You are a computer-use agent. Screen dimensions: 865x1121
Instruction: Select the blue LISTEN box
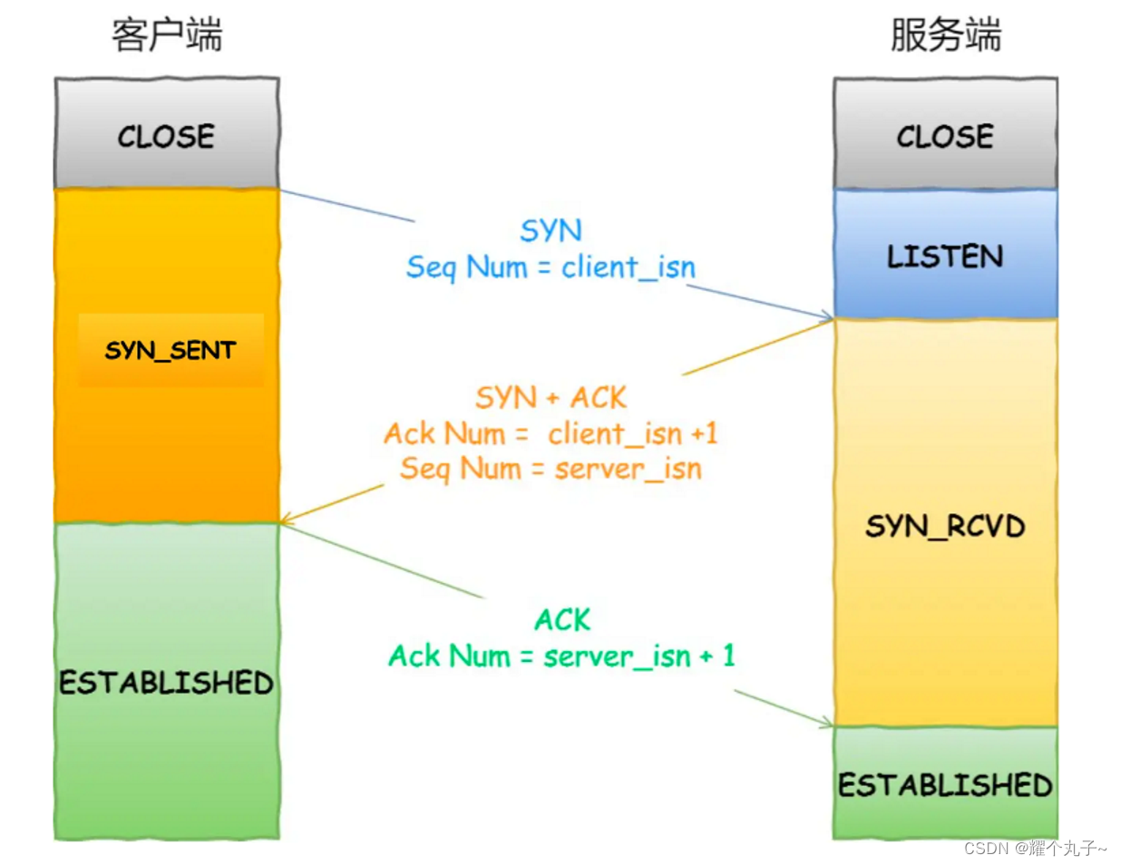(x=945, y=256)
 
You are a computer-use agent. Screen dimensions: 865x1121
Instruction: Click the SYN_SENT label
(x=171, y=350)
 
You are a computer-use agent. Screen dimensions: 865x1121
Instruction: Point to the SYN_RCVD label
(x=945, y=526)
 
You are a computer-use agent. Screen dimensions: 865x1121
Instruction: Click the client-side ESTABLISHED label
(x=167, y=682)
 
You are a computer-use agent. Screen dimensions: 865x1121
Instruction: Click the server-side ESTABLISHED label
(x=945, y=784)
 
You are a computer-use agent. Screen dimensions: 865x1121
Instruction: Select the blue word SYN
(x=551, y=230)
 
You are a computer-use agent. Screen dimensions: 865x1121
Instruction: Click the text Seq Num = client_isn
(x=551, y=267)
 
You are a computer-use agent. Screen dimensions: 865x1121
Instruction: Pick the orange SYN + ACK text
(x=551, y=397)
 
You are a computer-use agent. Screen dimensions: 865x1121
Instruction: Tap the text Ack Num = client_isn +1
(x=551, y=433)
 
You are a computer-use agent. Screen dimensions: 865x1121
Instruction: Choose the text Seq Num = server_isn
(x=551, y=469)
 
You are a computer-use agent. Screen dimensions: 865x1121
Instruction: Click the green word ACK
(x=562, y=620)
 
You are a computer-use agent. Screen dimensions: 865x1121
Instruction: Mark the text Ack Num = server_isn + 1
(x=561, y=656)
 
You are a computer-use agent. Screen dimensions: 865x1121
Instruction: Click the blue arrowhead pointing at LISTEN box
(x=826, y=316)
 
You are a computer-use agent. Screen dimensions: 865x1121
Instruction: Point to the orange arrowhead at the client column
(x=286, y=520)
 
